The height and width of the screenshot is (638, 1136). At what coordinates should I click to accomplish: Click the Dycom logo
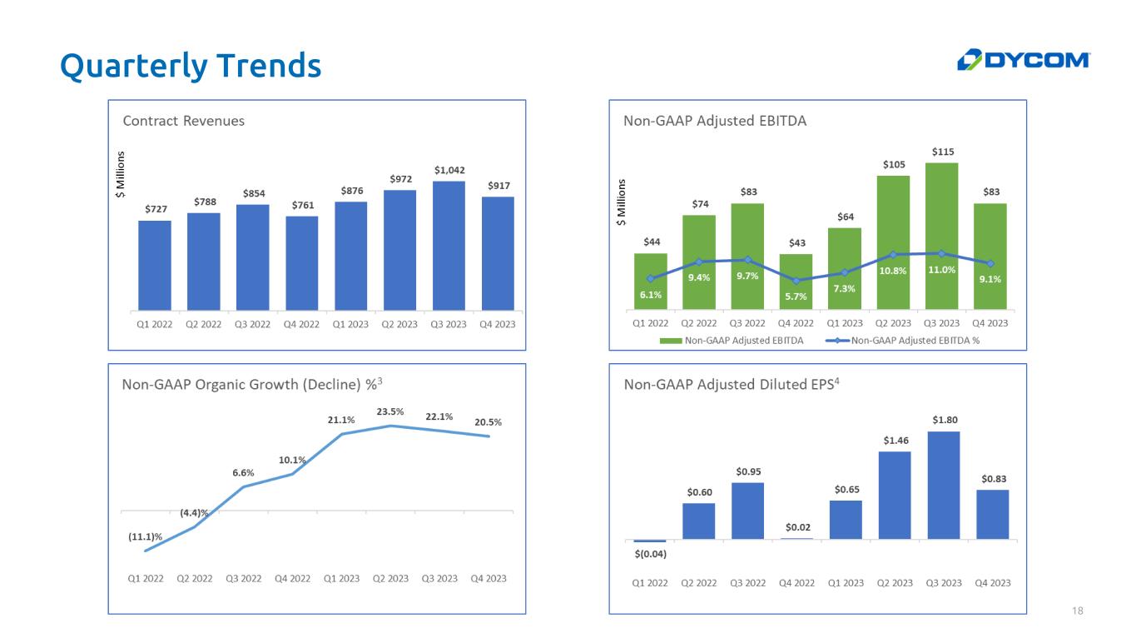click(x=1024, y=60)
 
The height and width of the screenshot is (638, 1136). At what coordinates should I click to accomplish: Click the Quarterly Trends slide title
click(x=191, y=66)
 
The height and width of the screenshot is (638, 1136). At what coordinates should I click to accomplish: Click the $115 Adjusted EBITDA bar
click(x=941, y=233)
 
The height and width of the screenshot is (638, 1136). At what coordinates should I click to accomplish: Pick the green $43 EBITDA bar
click(x=796, y=281)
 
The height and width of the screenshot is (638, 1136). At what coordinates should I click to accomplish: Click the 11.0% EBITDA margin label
click(x=941, y=270)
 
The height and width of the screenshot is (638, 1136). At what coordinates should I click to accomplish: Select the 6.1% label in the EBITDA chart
click(x=651, y=294)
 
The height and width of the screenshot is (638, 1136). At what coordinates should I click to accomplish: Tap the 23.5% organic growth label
click(x=390, y=411)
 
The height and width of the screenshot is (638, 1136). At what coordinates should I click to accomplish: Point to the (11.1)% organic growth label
click(x=145, y=537)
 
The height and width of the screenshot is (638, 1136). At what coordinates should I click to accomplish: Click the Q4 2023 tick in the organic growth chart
click(x=489, y=579)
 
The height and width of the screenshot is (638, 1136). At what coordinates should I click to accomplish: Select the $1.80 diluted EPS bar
click(x=943, y=485)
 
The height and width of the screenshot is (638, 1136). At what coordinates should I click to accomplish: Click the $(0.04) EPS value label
click(x=650, y=554)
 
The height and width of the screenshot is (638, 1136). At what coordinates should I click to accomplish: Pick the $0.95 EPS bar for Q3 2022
click(x=747, y=511)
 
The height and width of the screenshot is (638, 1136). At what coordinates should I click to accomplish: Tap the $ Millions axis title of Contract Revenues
click(x=120, y=175)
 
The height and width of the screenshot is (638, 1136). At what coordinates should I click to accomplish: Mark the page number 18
click(x=1078, y=612)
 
